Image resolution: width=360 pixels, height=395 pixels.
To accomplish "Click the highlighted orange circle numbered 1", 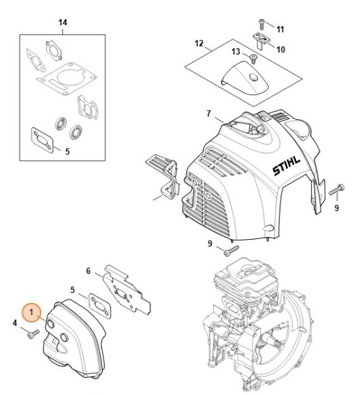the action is (x=31, y=313).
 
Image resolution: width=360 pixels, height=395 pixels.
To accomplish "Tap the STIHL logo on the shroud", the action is (x=287, y=166).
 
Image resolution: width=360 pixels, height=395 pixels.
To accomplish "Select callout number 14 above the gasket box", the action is (x=63, y=22).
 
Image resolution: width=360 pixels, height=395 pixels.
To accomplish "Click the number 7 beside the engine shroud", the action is (x=208, y=114).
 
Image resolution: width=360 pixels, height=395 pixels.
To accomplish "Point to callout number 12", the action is (x=199, y=44).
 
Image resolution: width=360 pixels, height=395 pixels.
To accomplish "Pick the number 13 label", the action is (x=235, y=52).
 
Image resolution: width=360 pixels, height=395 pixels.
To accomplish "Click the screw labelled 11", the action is (x=261, y=25).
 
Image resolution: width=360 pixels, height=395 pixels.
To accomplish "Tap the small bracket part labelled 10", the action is (x=262, y=40).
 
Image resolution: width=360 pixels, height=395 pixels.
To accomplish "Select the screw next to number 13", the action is (x=253, y=59).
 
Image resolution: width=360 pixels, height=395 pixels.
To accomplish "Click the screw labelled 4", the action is (x=33, y=334).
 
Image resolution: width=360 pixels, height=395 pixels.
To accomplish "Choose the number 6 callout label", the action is (x=88, y=271).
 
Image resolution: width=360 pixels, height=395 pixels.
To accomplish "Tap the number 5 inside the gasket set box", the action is (x=67, y=152).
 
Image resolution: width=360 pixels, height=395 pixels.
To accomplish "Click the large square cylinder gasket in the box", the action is (x=67, y=79).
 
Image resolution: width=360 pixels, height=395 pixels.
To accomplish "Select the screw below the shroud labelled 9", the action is (x=231, y=251).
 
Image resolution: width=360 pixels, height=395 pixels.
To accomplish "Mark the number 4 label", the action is (x=15, y=323).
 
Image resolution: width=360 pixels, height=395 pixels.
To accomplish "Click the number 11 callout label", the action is (x=280, y=29).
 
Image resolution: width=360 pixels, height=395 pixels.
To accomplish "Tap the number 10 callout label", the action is (x=281, y=49).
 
